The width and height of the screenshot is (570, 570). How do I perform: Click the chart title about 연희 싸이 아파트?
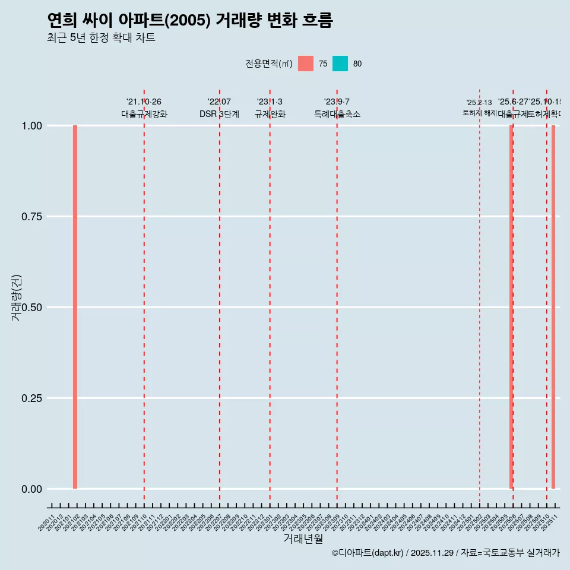[x=189, y=21]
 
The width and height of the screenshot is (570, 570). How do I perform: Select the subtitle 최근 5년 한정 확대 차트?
[x=101, y=39]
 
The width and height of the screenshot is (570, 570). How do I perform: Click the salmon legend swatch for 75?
[x=306, y=64]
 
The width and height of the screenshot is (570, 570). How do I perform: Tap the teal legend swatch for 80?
[x=340, y=64]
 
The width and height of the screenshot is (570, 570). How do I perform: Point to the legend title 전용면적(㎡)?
[x=268, y=64]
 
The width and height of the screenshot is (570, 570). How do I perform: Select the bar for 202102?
[x=75, y=307]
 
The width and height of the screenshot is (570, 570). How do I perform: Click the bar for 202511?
[x=553, y=307]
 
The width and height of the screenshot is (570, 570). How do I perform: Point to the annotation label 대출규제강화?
[x=144, y=114]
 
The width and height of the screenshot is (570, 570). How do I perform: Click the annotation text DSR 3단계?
[x=219, y=114]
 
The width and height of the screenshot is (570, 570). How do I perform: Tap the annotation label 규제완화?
[x=270, y=114]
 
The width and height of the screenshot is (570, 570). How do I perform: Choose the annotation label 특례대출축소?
[x=337, y=114]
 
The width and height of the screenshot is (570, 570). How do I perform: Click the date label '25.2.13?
[x=479, y=103]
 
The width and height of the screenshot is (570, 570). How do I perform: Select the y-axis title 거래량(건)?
[x=16, y=298]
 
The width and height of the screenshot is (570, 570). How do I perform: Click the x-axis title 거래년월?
[x=303, y=539]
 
